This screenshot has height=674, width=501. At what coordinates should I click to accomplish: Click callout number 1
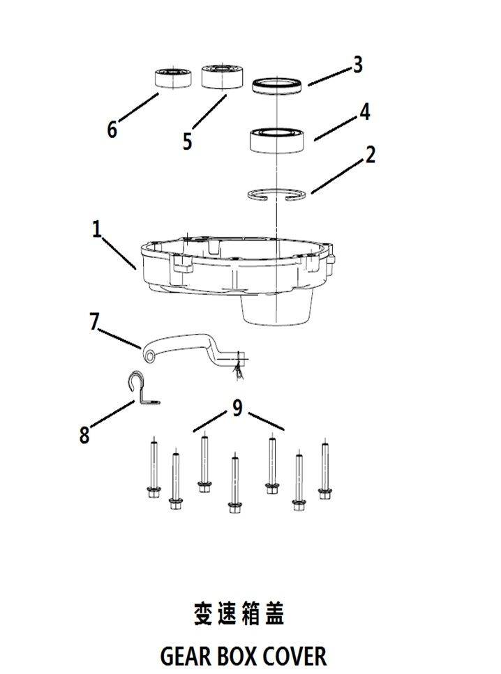tap(97, 229)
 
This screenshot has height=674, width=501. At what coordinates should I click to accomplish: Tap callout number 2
tap(370, 155)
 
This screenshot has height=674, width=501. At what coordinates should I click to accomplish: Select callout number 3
tap(357, 65)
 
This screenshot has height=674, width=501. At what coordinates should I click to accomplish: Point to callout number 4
tap(364, 112)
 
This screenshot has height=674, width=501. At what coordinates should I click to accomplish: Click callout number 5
tap(187, 141)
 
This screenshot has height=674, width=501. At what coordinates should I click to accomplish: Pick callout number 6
tap(112, 130)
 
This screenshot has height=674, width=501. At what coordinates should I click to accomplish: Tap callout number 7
tap(95, 321)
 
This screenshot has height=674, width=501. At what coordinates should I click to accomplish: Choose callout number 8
tap(84, 436)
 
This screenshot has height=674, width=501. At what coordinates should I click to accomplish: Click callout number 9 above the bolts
tap(237, 408)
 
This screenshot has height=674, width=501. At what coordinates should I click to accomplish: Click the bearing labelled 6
tap(173, 77)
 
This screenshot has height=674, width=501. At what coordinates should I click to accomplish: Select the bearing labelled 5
tap(220, 76)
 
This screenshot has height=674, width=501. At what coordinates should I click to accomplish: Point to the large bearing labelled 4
tap(278, 139)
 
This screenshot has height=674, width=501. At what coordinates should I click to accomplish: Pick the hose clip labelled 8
tap(142, 389)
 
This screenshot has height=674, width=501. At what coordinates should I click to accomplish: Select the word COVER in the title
tap(294, 656)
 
